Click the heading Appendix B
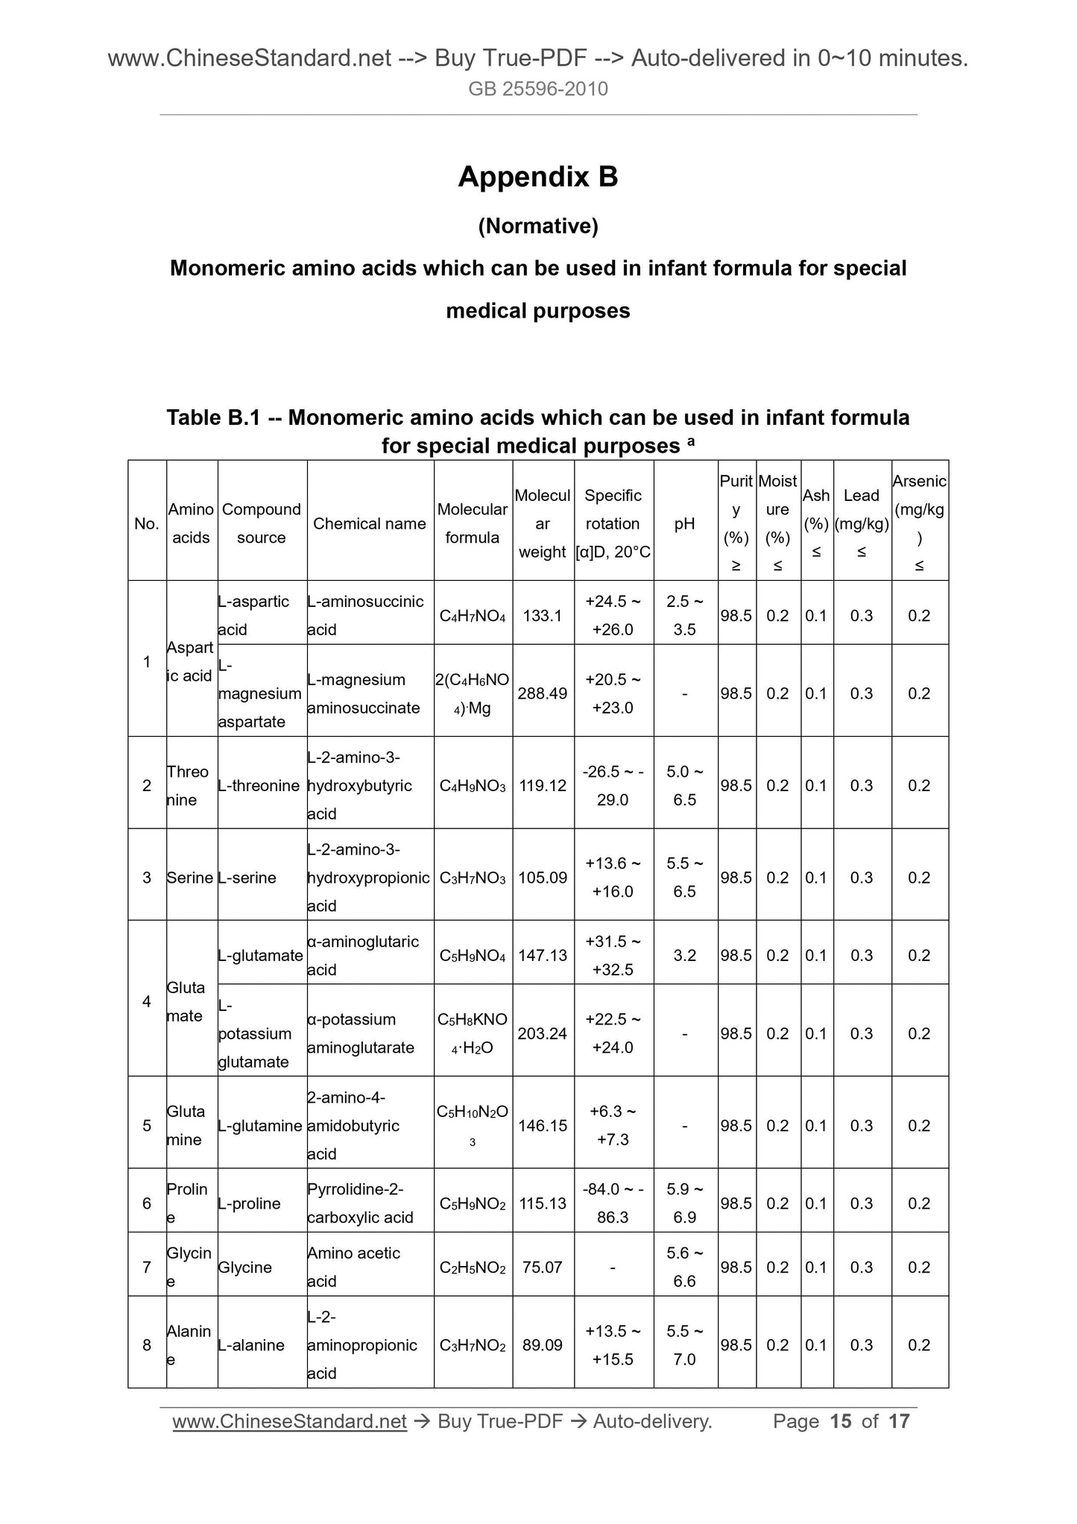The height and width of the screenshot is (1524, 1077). click(537, 177)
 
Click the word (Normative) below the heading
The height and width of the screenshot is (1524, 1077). click(537, 226)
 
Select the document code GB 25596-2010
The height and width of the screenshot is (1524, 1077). click(537, 89)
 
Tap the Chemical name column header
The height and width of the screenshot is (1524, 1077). click(370, 523)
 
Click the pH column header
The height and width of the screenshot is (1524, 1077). click(684, 523)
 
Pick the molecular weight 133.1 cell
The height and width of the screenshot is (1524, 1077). click(542, 616)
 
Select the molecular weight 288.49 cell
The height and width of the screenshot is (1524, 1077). click(542, 693)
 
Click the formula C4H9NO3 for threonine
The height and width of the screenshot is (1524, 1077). click(473, 786)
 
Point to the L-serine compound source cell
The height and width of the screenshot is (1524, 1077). click(247, 878)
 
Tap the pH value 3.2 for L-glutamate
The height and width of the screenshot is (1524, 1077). click(684, 955)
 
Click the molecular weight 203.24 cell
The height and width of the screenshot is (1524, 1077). click(542, 1033)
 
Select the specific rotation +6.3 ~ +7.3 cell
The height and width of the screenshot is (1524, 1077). click(613, 1125)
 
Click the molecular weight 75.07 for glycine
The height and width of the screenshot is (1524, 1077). click(542, 1268)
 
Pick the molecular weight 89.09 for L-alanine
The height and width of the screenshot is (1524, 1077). click(542, 1345)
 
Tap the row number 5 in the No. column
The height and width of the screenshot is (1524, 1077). click(147, 1125)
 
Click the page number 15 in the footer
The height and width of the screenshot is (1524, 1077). click(840, 1421)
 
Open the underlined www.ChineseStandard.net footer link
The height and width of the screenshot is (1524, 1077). click(289, 1422)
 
